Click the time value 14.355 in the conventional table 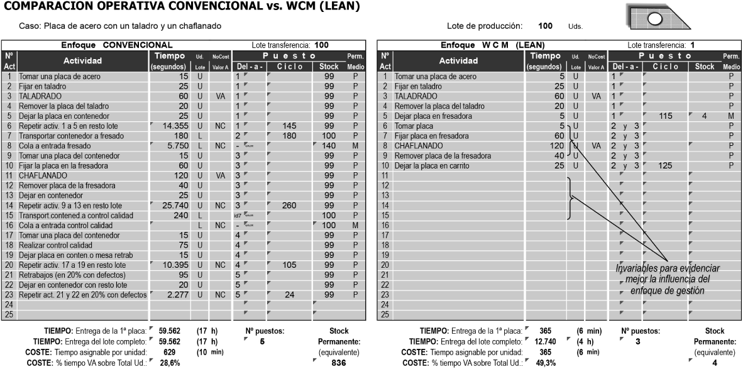point(173,126)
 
